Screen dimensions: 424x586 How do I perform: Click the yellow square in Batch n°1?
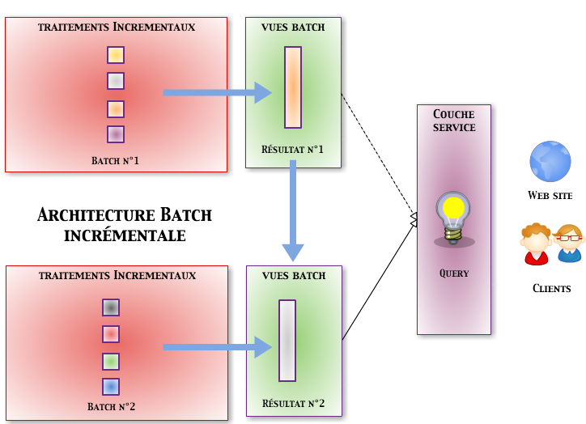point(116,55)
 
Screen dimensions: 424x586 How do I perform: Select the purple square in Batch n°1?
point(116,134)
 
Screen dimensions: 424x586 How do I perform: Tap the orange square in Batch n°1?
point(116,108)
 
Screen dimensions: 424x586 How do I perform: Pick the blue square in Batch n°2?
point(111,387)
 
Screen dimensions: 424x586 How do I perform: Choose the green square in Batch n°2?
point(111,361)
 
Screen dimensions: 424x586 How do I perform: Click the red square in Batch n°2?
point(111,333)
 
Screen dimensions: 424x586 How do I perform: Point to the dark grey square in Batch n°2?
point(111,307)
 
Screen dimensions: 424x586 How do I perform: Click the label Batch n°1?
point(116,161)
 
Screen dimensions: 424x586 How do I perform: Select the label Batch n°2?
point(112,406)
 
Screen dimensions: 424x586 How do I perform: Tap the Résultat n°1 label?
point(292,150)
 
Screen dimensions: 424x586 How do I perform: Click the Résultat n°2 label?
point(293,403)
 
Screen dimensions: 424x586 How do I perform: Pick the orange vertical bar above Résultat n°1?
point(293,87)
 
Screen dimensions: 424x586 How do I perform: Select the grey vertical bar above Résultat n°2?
point(287,341)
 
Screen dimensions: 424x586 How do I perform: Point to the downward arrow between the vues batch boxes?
point(293,210)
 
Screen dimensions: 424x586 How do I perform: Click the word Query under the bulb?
point(454,273)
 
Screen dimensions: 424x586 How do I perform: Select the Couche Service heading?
point(454,121)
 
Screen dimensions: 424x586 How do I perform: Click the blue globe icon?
point(550,161)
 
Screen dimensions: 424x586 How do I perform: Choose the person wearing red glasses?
point(570,243)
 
